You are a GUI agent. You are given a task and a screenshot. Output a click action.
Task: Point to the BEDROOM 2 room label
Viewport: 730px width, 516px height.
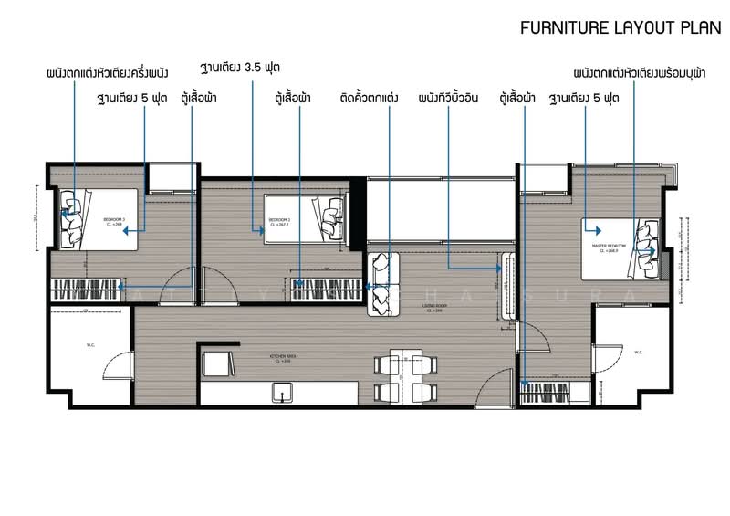coord(279,221)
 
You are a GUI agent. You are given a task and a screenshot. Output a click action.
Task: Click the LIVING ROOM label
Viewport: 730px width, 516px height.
coord(434,309)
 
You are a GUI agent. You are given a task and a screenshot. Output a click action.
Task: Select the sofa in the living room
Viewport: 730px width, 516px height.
coord(383,284)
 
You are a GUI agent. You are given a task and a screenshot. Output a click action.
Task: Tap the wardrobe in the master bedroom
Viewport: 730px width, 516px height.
coord(557,393)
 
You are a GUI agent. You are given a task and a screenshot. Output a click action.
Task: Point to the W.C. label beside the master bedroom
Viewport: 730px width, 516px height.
coord(638,352)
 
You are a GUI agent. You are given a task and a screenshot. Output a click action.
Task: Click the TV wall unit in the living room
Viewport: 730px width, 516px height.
coord(505,285)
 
